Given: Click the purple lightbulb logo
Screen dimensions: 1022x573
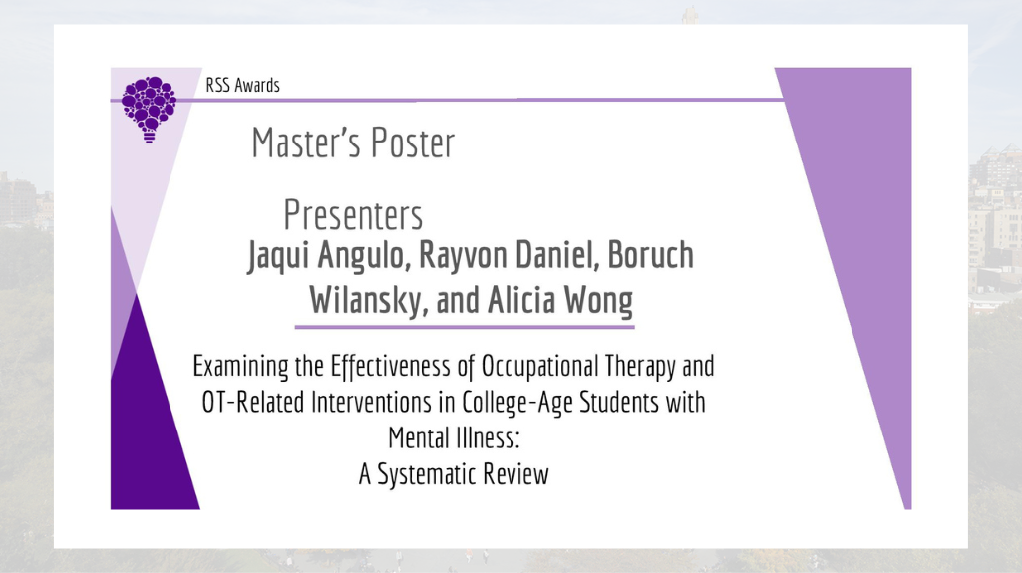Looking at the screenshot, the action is click(149, 109).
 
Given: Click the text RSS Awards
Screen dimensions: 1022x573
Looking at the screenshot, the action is click(242, 86).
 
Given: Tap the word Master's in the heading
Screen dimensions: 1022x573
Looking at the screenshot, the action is click(303, 143).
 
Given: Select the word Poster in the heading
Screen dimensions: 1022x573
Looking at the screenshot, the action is click(413, 143).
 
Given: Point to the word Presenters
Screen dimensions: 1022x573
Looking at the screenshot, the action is click(353, 215).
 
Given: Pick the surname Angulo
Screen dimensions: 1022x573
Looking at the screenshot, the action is click(364, 256).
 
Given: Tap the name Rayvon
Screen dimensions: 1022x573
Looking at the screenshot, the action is click(464, 256).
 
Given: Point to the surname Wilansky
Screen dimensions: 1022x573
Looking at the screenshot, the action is click(369, 302).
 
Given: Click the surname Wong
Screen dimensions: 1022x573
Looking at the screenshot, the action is click(598, 302).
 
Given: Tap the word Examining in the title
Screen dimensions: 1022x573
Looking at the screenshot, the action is click(240, 367).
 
